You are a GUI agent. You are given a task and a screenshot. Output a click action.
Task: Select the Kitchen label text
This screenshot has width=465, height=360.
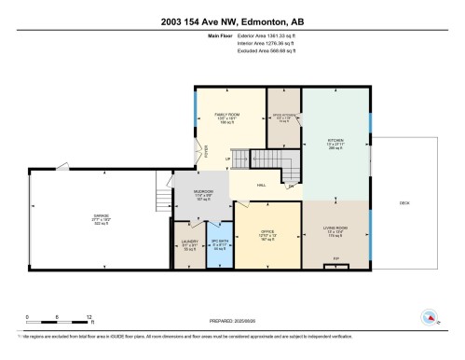(336, 142)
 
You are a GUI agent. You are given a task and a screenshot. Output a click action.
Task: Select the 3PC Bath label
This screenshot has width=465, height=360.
(220, 246)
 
